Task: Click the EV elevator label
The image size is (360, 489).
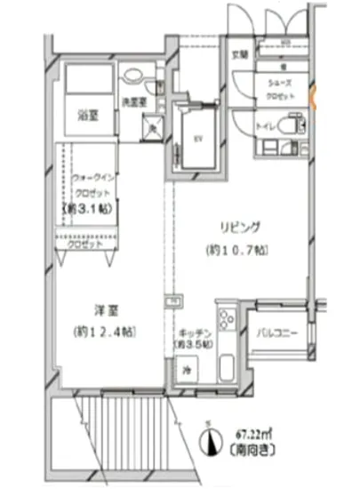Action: [x=199, y=138]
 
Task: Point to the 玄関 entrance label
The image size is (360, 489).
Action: [x=241, y=54]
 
